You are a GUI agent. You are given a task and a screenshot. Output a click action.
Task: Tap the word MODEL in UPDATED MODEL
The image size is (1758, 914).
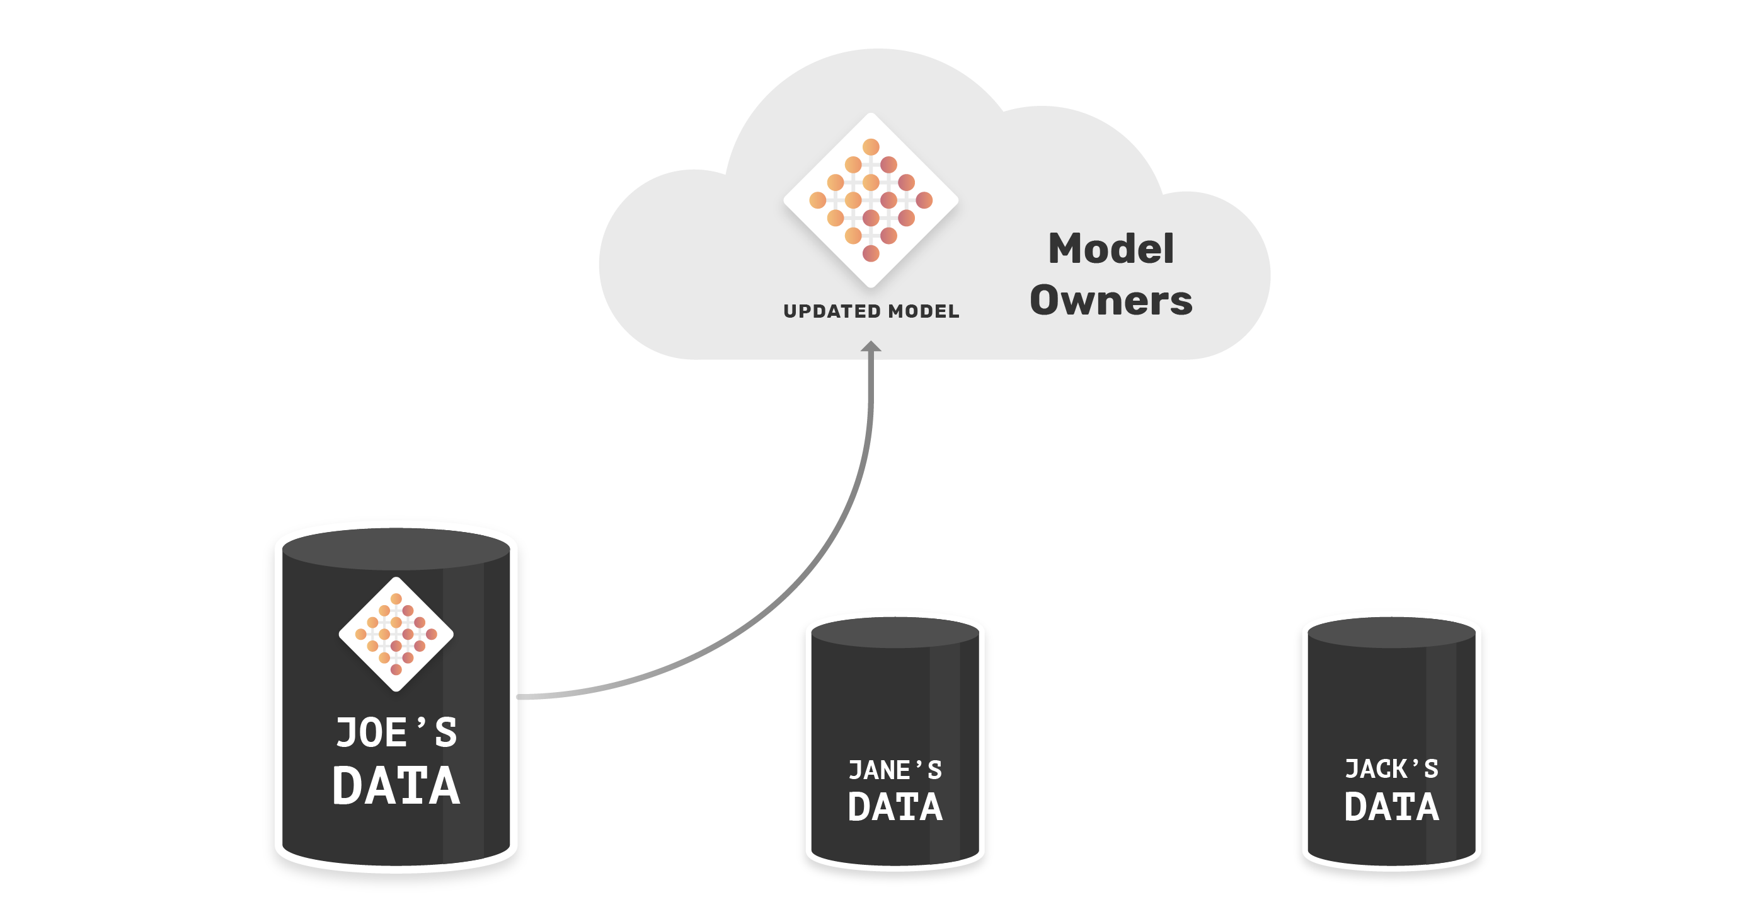pos(924,311)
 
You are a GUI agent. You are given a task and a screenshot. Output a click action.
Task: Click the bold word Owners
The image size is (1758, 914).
pos(1111,300)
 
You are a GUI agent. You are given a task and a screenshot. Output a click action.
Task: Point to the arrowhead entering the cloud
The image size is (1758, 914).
pos(871,346)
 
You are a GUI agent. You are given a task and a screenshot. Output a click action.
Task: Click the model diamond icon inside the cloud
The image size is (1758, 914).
pos(871,200)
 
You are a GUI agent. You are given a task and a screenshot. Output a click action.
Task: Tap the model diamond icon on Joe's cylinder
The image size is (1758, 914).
pos(396,634)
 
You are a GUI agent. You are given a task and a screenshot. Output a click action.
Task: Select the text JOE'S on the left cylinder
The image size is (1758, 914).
pos(396,732)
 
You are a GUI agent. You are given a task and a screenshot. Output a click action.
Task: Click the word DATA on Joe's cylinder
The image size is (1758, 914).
pos(396,785)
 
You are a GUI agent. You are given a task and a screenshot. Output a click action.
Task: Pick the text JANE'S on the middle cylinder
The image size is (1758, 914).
pos(895,770)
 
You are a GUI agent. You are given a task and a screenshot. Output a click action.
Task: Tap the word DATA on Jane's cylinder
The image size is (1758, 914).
pos(895,807)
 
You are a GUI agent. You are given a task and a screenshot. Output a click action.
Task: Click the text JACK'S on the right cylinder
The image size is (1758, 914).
pos(1391,768)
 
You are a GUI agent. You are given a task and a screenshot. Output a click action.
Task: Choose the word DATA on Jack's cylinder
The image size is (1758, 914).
pos(1391,807)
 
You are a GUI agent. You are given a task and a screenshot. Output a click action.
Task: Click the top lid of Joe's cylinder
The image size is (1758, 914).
pos(396,549)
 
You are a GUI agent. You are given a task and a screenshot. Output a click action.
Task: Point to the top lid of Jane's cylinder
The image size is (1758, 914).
pos(895,633)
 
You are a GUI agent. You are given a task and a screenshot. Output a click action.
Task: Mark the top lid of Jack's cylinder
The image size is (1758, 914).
pos(1391,633)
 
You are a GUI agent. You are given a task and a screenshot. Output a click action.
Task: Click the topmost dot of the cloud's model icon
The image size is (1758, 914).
pos(871,147)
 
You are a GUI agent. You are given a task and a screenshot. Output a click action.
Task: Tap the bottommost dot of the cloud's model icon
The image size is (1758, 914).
pos(871,254)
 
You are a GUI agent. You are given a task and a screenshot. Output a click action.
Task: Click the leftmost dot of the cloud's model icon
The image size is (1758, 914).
pos(818,200)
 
